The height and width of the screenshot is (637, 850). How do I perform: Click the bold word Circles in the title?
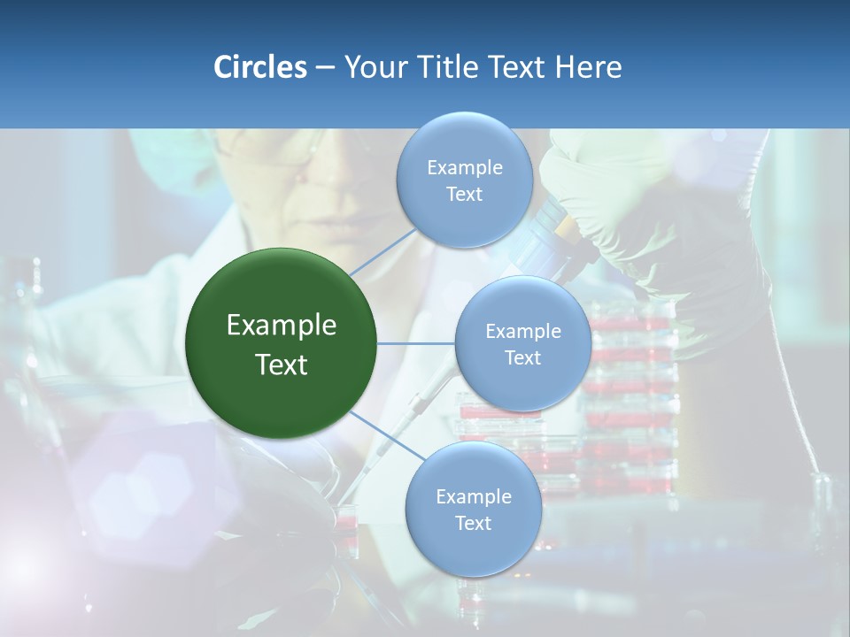coord(260,67)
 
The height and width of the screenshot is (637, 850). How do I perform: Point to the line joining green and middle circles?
coord(416,343)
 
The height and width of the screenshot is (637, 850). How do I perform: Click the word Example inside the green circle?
coord(282,326)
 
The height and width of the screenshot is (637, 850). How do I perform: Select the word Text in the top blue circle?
coord(465,195)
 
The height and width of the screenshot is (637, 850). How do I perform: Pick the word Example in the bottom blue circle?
coord(474,496)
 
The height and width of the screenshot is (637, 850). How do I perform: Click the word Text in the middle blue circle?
coord(523,357)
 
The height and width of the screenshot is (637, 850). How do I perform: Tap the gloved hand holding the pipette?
coord(602,186)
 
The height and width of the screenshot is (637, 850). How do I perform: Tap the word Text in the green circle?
coord(282,365)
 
